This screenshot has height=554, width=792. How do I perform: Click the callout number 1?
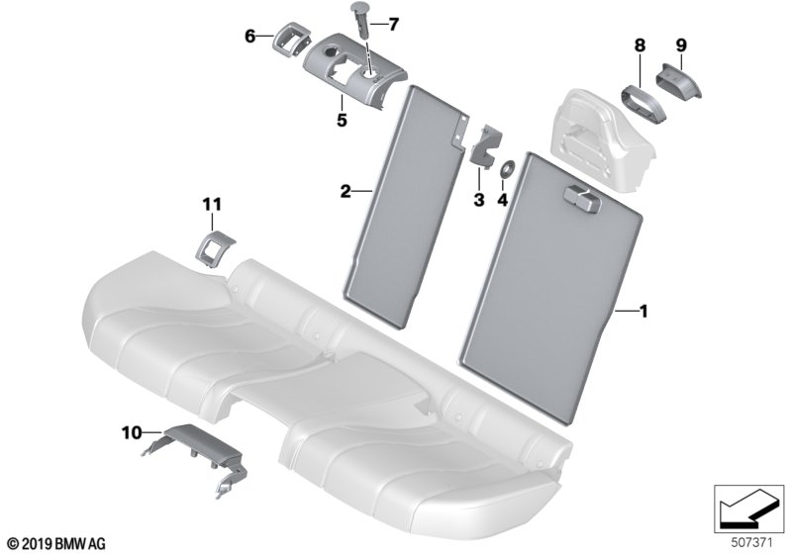click(643, 312)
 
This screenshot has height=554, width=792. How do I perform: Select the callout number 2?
click(346, 192)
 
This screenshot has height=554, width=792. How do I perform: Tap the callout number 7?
click(393, 24)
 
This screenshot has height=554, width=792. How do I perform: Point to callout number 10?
click(132, 433)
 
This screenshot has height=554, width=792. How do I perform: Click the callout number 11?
click(212, 205)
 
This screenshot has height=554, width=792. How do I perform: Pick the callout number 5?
click(342, 121)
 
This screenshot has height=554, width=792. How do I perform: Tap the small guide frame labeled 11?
click(215, 249)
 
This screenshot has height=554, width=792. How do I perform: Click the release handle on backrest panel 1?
click(580, 197)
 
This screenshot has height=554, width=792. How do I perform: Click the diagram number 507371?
click(751, 543)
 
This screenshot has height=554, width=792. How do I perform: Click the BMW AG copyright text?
click(57, 544)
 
